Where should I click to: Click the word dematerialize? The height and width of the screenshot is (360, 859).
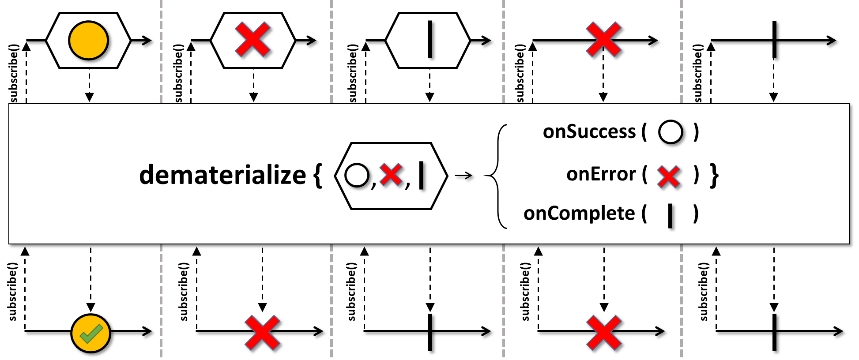222,175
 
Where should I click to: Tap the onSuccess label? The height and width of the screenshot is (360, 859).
589,131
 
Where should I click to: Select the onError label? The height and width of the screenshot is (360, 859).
601,174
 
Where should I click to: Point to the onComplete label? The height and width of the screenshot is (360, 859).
579,214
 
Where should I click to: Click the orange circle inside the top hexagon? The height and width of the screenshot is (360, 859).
88,40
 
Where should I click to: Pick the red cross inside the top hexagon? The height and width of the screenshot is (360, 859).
253,40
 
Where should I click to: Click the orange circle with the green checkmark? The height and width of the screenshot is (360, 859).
90,334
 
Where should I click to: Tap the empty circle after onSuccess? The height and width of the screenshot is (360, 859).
671,132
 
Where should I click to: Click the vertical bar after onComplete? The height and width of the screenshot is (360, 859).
671,216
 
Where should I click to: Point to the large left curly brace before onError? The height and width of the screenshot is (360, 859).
496,176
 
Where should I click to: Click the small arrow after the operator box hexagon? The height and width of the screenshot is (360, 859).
463,176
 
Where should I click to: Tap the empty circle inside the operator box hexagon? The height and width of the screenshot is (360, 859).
357,175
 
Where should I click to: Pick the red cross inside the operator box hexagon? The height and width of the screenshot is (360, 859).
391,175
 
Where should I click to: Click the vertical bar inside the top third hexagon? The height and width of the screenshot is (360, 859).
430,40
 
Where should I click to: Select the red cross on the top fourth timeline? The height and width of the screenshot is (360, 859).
603,40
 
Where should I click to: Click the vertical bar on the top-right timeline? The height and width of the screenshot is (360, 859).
775,40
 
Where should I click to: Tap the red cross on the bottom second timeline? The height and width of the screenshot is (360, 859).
262,333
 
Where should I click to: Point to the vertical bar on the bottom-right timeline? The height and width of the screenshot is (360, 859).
775,332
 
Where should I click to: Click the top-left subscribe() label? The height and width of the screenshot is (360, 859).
14,73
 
